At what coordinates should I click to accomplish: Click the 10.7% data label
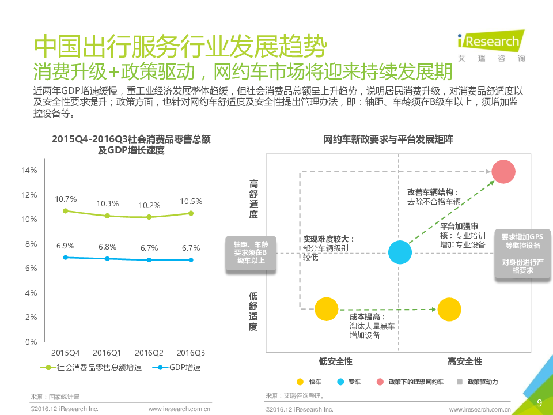point(66,199)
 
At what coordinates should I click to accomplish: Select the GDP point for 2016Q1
point(107,259)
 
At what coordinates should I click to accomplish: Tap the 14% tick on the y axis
point(29,170)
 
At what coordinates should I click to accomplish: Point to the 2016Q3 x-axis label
point(191,353)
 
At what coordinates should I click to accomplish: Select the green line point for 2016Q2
point(149,217)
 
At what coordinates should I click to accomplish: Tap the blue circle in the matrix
point(400,252)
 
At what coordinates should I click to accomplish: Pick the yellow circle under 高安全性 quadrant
point(449,310)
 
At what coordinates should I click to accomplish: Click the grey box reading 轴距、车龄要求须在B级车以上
point(251,252)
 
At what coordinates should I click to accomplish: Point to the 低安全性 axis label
point(335,361)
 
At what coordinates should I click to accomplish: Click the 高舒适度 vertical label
point(253,199)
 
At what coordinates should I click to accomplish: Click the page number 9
point(539,403)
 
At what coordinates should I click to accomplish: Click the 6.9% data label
point(66,246)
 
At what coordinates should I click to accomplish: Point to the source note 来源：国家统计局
point(55,397)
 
